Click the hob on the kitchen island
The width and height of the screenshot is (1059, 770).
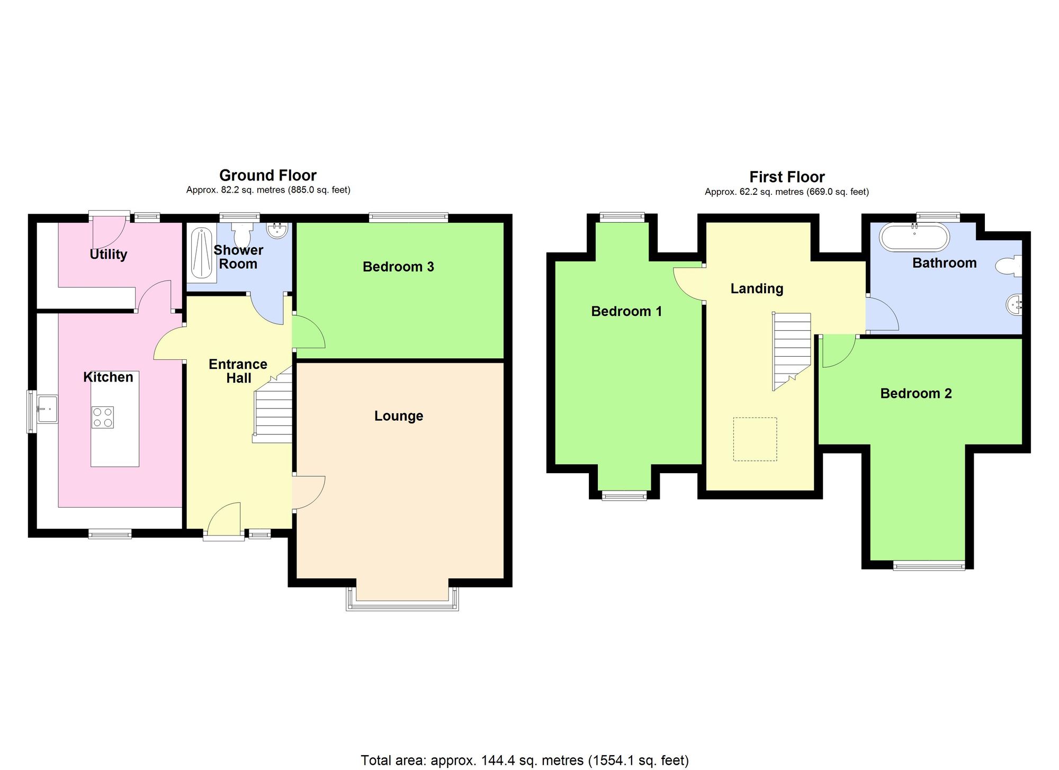[103, 417]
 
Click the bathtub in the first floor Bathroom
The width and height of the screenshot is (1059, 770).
[914, 237]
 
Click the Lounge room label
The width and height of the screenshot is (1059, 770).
[399, 416]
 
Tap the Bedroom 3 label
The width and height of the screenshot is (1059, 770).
[398, 267]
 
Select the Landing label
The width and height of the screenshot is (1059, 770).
[757, 288]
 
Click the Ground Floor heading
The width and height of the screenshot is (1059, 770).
[268, 175]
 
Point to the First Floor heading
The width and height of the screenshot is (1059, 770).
[787, 177]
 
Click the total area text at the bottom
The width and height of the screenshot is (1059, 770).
[524, 760]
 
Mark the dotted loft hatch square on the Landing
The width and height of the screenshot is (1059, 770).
[755, 439]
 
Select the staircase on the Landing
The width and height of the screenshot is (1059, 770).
[791, 349]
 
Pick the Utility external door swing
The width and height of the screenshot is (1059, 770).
[109, 233]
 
